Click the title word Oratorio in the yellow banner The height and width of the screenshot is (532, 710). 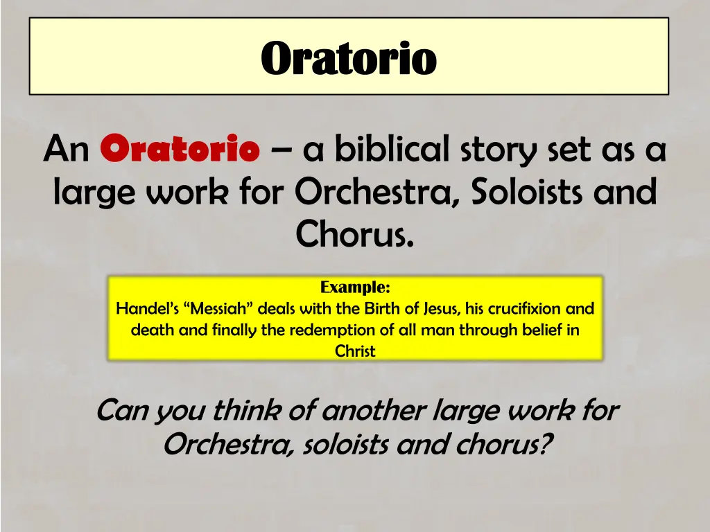[349, 58]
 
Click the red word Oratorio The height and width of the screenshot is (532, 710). [180, 149]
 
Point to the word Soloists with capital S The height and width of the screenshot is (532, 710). [526, 192]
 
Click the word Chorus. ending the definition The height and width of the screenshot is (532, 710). [355, 234]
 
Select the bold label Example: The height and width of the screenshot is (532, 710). [355, 287]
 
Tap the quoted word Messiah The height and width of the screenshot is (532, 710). [219, 308]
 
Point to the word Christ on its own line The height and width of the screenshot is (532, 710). [355, 351]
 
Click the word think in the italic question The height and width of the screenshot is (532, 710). [247, 411]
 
